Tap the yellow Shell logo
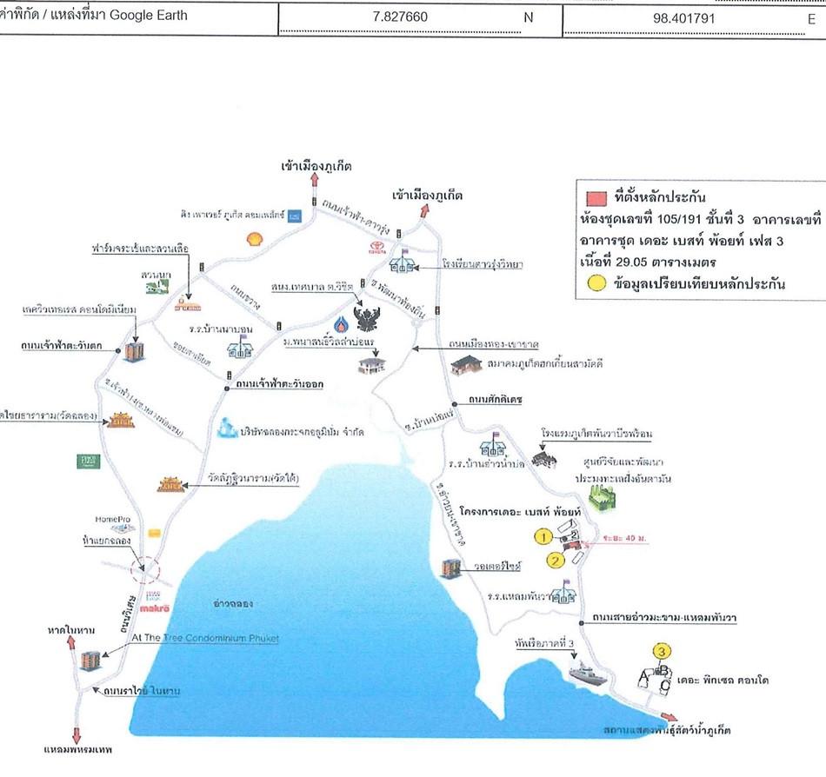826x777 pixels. [x=254, y=236]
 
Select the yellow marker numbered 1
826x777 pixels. [x=542, y=535]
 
